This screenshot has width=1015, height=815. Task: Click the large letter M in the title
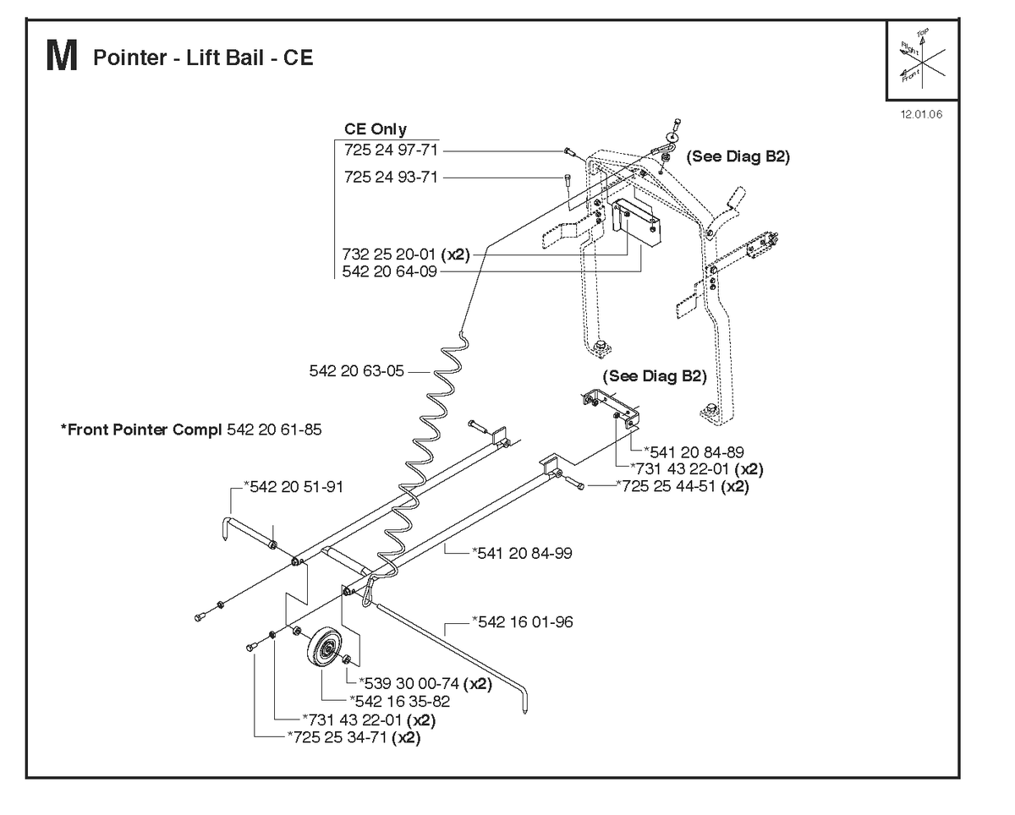[x=62, y=56]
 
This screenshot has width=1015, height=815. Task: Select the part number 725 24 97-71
[x=391, y=150]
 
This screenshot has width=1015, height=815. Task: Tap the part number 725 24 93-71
[x=391, y=178]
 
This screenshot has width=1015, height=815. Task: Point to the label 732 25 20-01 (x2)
[x=406, y=254]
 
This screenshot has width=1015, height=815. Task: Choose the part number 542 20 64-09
[x=390, y=271]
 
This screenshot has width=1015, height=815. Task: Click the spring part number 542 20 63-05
[x=357, y=371]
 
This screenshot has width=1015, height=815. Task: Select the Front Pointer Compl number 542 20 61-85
[x=274, y=429]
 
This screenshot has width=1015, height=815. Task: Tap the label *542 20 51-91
[x=294, y=486]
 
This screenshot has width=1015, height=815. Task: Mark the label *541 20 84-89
[x=694, y=452]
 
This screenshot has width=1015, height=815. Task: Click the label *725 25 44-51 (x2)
[x=683, y=486]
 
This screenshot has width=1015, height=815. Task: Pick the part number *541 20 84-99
[x=522, y=553]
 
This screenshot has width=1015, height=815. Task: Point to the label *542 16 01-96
[x=523, y=621]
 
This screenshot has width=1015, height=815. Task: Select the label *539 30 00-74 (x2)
[x=425, y=683]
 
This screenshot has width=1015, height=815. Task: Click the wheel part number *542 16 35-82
[x=399, y=702]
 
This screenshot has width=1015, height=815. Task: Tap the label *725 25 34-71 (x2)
[x=354, y=737]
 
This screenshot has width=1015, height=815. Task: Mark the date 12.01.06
[x=921, y=114]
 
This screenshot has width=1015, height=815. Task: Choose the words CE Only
[x=376, y=129]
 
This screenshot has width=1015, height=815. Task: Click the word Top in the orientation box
[x=923, y=32]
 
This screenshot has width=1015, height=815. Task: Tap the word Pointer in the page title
[x=130, y=57]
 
